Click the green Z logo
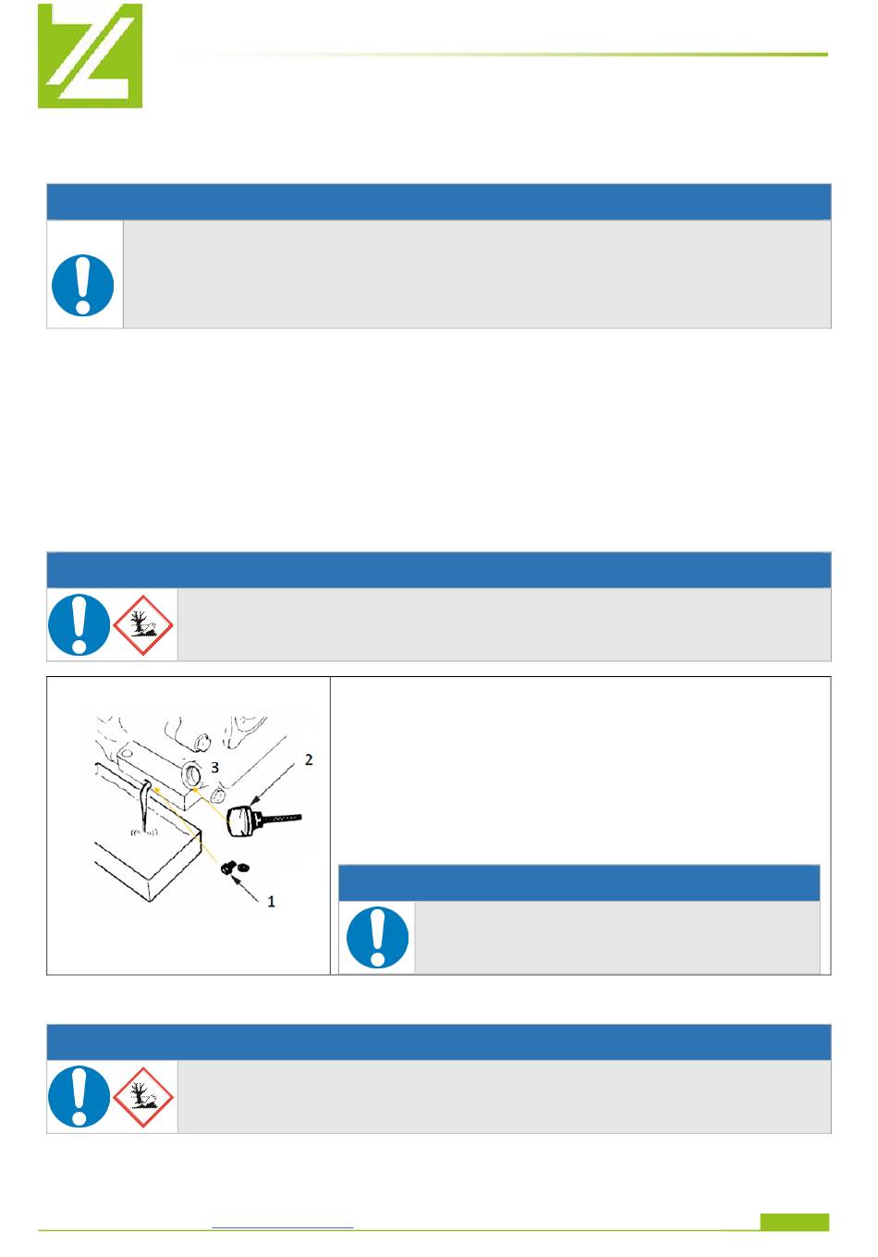(90, 55)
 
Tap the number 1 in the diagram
(272, 902)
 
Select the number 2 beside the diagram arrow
(309, 759)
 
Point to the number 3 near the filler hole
(214, 768)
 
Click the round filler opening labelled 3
(193, 775)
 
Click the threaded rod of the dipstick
(279, 819)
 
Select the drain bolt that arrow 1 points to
(227, 868)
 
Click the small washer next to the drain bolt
(243, 868)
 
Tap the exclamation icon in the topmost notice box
(83, 285)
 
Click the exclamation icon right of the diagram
(377, 937)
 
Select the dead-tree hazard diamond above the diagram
(143, 624)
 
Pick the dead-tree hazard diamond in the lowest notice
(143, 1097)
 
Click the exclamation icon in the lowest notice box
(79, 1096)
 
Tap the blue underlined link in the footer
(283, 1227)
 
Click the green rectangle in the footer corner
(795, 1222)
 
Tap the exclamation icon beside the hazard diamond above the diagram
(79, 624)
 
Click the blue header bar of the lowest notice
(438, 1042)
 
